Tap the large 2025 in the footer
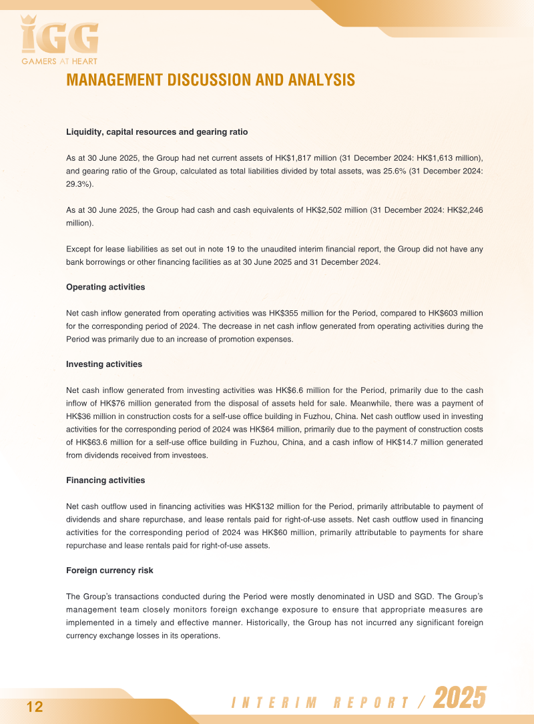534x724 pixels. [459, 699]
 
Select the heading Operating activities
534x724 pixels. [105, 287]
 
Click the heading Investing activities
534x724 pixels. [104, 364]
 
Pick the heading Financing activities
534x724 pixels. [105, 480]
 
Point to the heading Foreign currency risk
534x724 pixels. [109, 571]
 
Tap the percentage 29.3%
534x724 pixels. [79, 184]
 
